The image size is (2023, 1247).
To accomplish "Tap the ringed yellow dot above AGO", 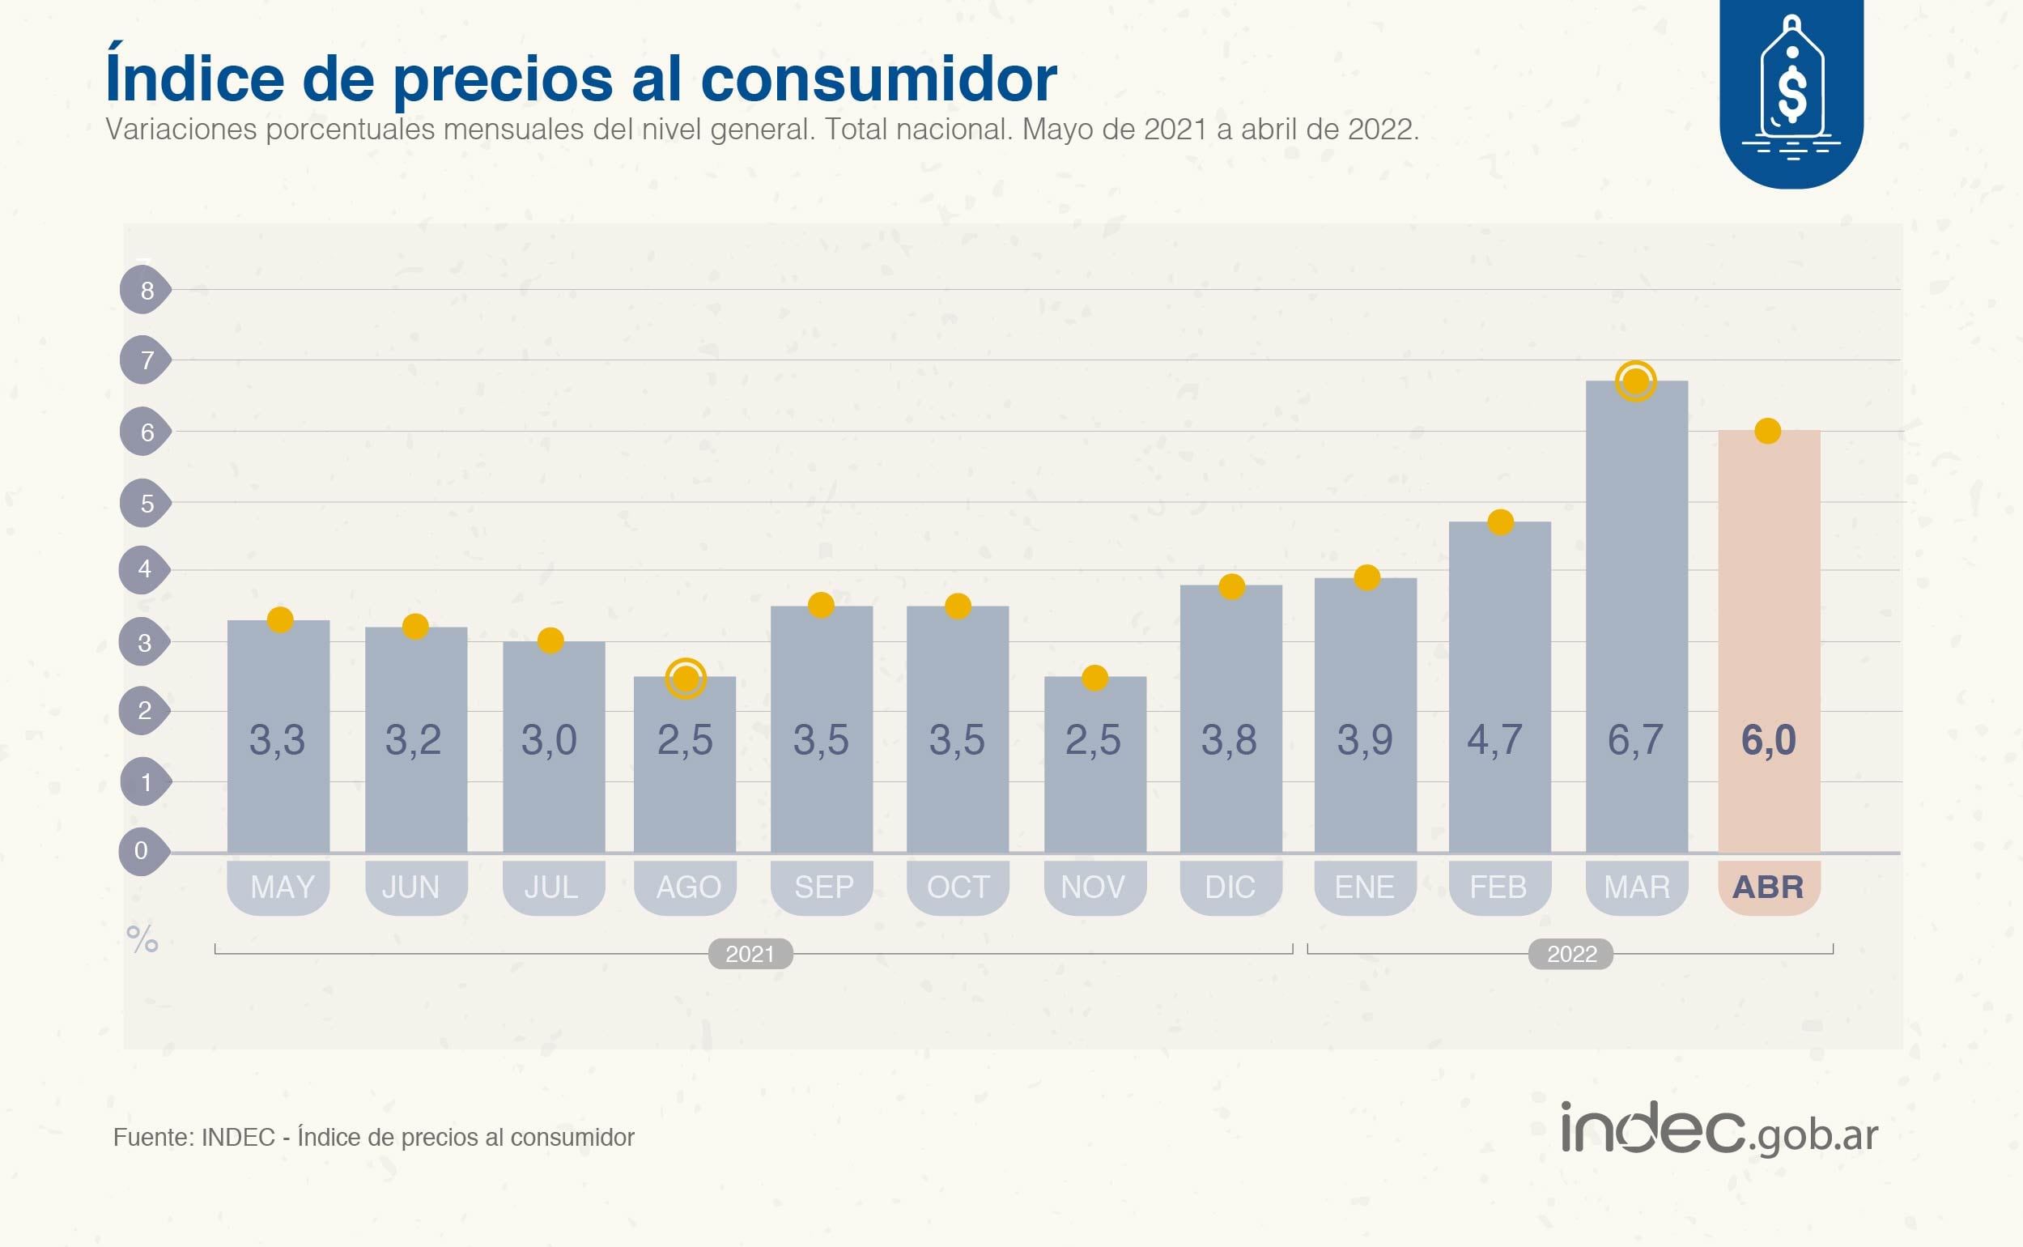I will coord(686,679).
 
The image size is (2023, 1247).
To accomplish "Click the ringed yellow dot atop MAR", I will coord(1635,382).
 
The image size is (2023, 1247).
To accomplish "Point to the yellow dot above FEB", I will coord(1500,522).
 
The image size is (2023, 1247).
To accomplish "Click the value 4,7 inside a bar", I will coord(1494,740).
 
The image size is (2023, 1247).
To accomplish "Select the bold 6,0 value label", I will coord(1768,740).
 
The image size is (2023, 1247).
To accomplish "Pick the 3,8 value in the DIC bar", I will coord(1229,740).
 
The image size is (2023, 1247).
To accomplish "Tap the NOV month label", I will coord(1093,887).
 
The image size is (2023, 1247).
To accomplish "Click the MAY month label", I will coord(282,887).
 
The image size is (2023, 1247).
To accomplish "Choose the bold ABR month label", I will coord(1768,887).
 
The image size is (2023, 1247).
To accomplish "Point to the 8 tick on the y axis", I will coord(146,291).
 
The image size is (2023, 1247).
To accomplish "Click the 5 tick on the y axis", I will coord(146,503).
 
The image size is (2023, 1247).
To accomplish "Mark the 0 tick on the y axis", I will coord(142,850).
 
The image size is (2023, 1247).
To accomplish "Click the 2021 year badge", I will coord(750,954).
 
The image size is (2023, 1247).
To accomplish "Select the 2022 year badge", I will coord(1571,954).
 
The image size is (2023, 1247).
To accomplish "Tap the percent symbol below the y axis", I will coord(142,939).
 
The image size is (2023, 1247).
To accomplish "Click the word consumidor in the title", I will coord(879,79).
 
